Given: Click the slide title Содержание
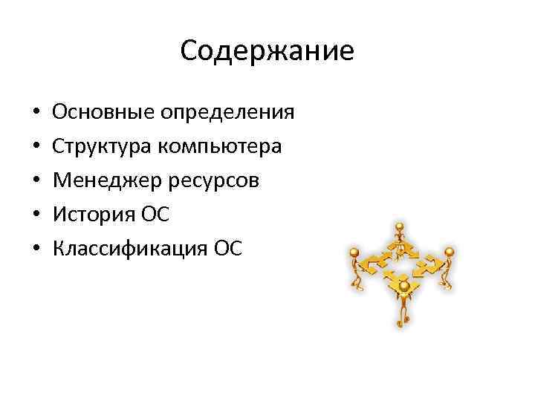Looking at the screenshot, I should tap(267, 51).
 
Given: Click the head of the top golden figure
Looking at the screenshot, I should tap(400, 226).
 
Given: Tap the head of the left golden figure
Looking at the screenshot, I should tap(354, 252).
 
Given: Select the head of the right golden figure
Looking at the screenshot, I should tap(449, 253).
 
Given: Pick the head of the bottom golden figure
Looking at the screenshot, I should tap(403, 285).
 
